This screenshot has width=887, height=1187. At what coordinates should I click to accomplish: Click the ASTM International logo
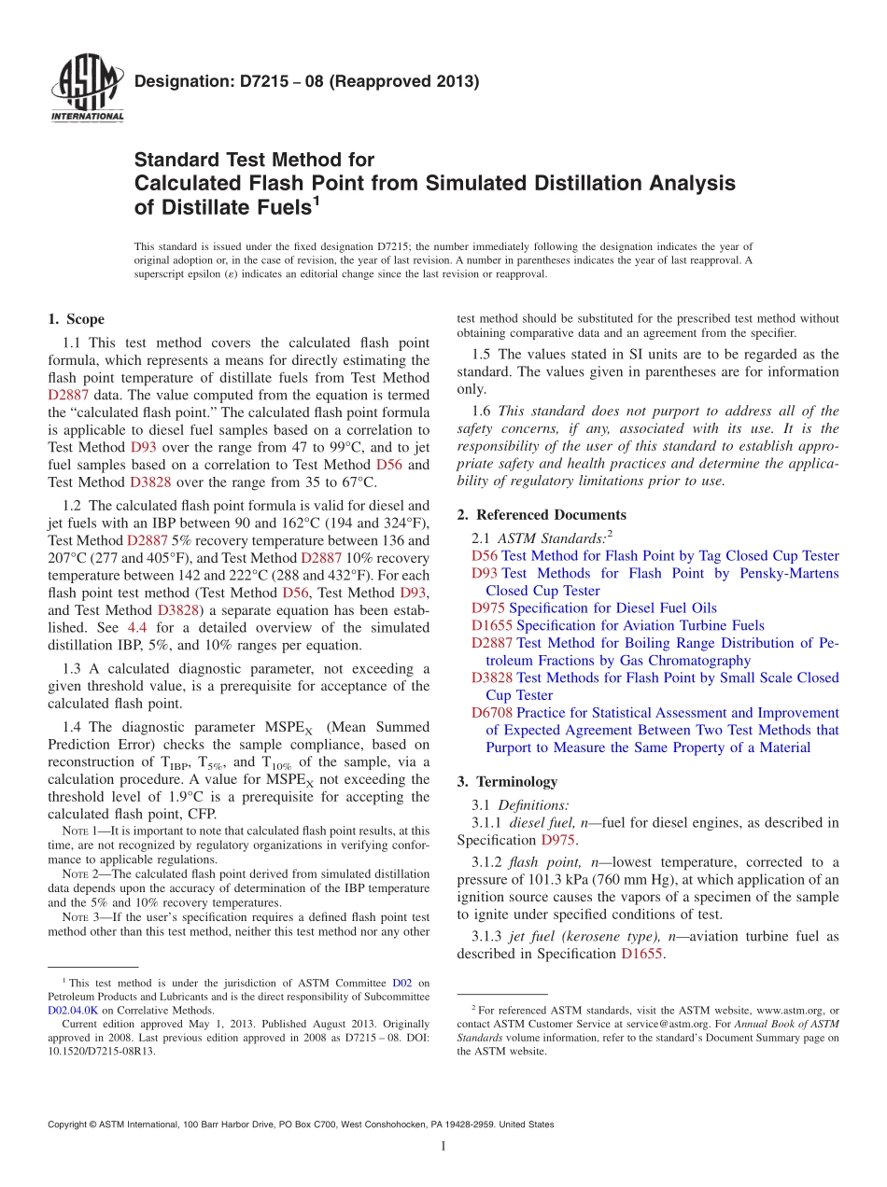(87, 90)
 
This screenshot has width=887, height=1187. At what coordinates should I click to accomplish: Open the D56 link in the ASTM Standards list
(485, 556)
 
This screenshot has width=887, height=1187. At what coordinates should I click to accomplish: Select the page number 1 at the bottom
(443, 1146)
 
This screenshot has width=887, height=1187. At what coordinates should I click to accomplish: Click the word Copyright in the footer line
(69, 1124)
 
